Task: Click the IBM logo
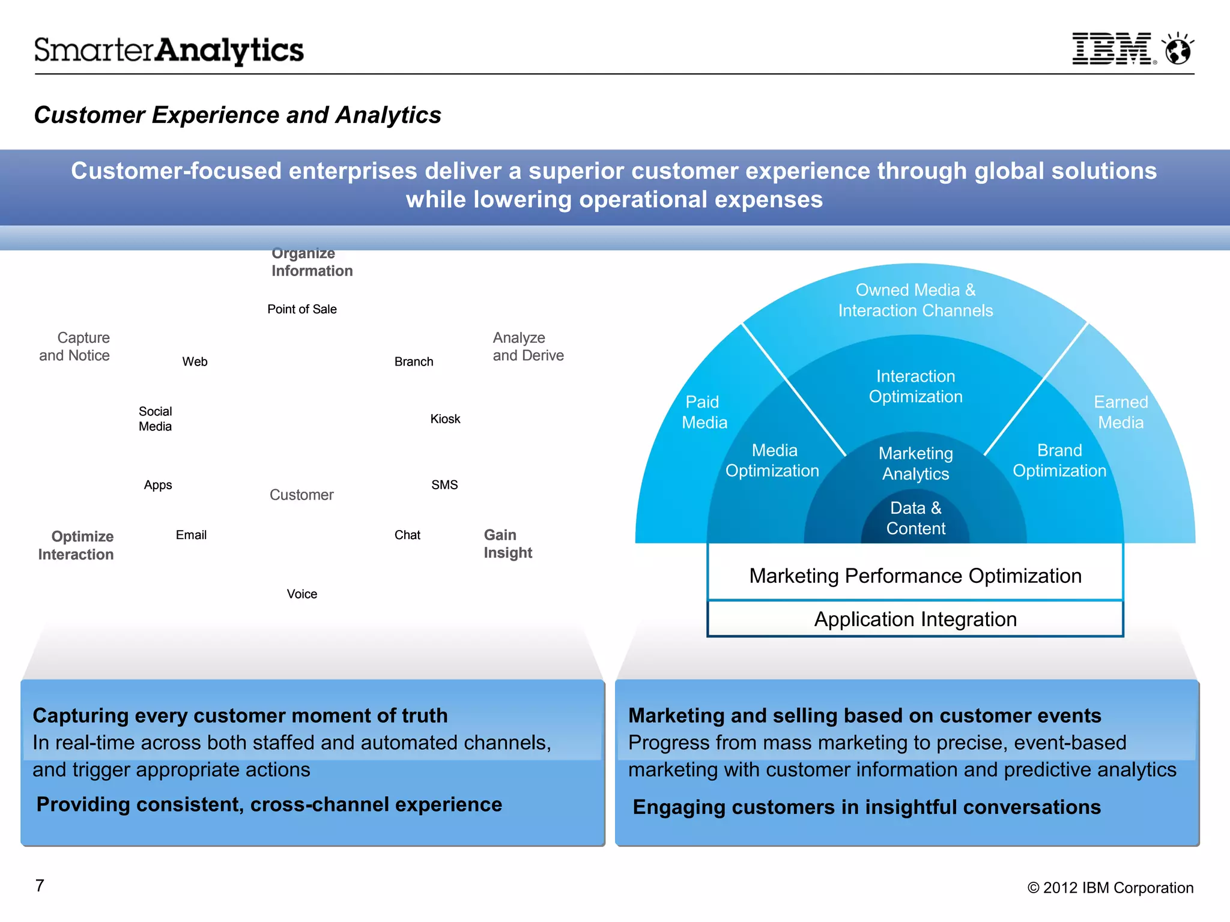1112,49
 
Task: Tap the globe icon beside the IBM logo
1178,49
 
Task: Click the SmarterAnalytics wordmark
169,50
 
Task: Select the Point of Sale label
301,309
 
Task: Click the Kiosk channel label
445,419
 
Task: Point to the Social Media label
155,419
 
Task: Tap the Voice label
301,594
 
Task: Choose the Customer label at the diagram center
301,495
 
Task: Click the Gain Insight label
507,544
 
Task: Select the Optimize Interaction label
76,545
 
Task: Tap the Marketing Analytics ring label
915,463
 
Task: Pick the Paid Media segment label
704,412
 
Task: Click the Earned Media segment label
1121,412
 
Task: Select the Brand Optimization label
1059,460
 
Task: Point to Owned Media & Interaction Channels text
915,300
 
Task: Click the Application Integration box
915,619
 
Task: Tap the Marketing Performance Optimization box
915,576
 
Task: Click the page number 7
40,885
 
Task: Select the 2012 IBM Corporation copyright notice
1110,888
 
